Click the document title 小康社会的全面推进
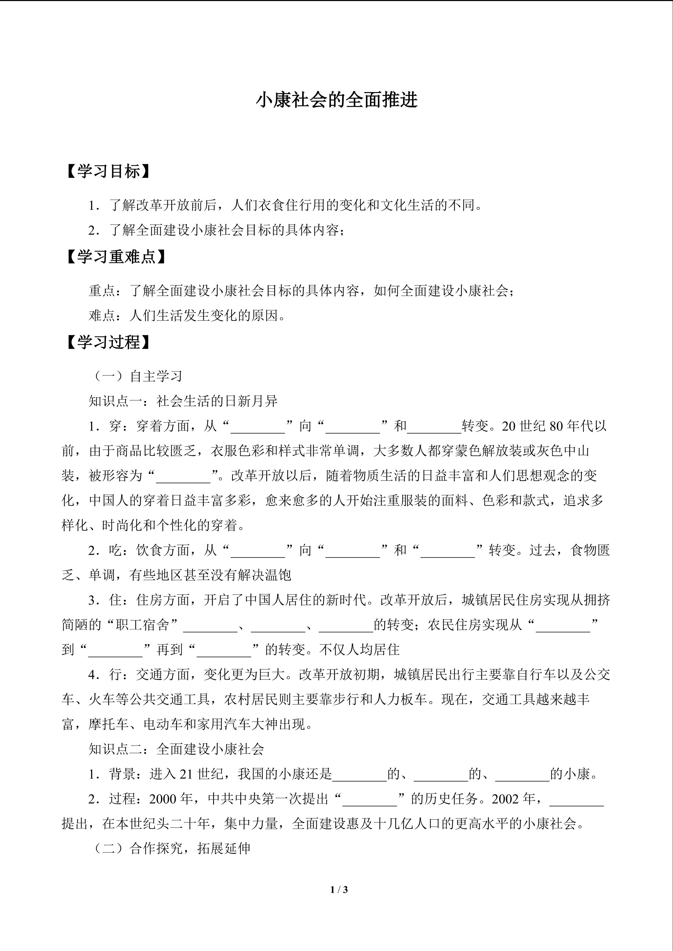(x=336, y=100)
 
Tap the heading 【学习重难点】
(x=116, y=257)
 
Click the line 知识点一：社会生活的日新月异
(x=183, y=401)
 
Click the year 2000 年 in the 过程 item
(x=171, y=798)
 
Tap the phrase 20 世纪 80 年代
(x=547, y=426)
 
